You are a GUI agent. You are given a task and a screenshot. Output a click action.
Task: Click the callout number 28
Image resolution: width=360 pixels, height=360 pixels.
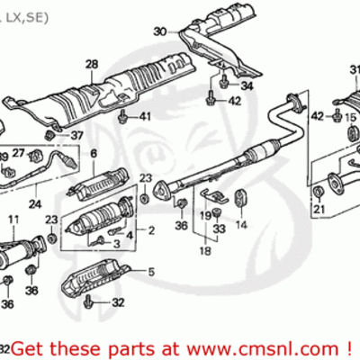point(91,63)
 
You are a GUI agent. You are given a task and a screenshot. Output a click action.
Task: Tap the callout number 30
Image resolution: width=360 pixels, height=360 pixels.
point(159,31)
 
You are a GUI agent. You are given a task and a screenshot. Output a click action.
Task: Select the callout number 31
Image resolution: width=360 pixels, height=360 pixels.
point(354,69)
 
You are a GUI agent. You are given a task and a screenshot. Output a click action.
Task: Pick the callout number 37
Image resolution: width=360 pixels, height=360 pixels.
point(76,136)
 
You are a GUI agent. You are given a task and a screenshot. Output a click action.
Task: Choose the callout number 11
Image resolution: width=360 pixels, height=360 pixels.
point(13,220)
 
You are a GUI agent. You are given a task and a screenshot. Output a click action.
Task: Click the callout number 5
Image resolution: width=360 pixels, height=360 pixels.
point(150,271)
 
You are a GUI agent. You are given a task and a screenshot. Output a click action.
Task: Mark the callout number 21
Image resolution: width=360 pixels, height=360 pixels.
point(317,211)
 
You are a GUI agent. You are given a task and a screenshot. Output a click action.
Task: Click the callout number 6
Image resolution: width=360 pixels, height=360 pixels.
point(93,154)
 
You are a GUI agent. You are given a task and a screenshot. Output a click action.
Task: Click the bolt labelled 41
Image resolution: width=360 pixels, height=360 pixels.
point(122,115)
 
